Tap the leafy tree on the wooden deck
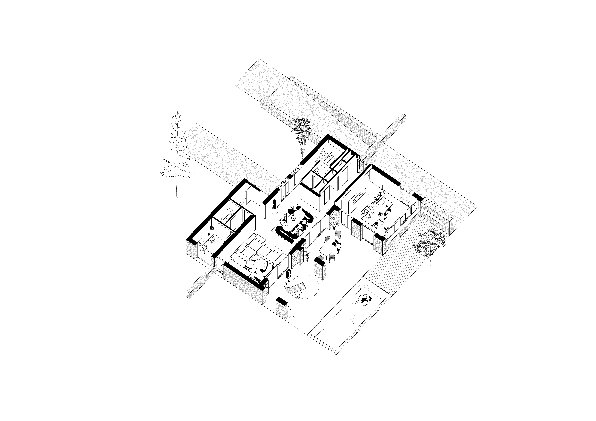tap(430, 246)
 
